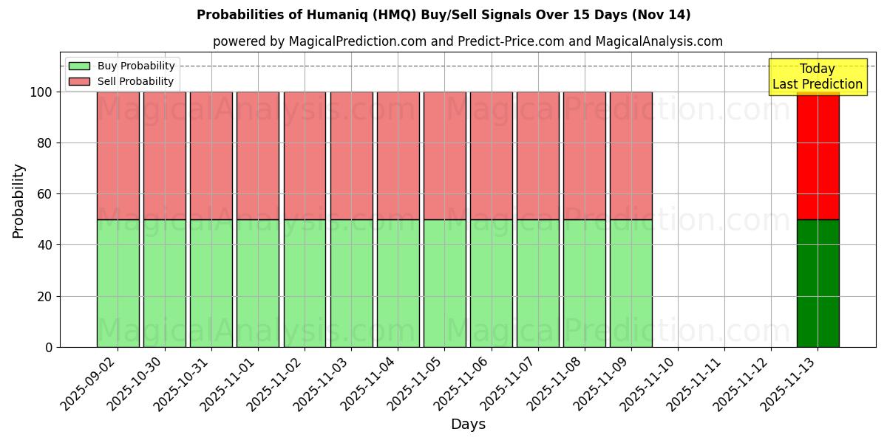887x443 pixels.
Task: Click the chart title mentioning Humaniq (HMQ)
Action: pyautogui.click(x=443, y=15)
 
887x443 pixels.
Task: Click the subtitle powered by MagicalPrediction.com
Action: pyautogui.click(x=467, y=41)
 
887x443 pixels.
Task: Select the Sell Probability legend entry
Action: pyautogui.click(x=135, y=81)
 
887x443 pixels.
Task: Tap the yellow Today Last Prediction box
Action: pyautogui.click(x=817, y=77)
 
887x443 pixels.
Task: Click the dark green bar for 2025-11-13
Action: pyautogui.click(x=818, y=283)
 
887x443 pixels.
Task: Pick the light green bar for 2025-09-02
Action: pyautogui.click(x=118, y=283)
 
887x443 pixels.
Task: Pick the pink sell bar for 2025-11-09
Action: pyautogui.click(x=631, y=155)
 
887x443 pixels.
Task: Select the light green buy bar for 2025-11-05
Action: pyautogui.click(x=444, y=283)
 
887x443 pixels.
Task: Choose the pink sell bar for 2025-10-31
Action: pyautogui.click(x=211, y=155)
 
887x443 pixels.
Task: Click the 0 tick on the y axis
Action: pyautogui.click(x=50, y=347)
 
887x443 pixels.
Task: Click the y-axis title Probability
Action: pyautogui.click(x=18, y=200)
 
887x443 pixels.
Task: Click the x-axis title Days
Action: pyautogui.click(x=468, y=425)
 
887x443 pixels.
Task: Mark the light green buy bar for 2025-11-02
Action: pyautogui.click(x=305, y=283)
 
